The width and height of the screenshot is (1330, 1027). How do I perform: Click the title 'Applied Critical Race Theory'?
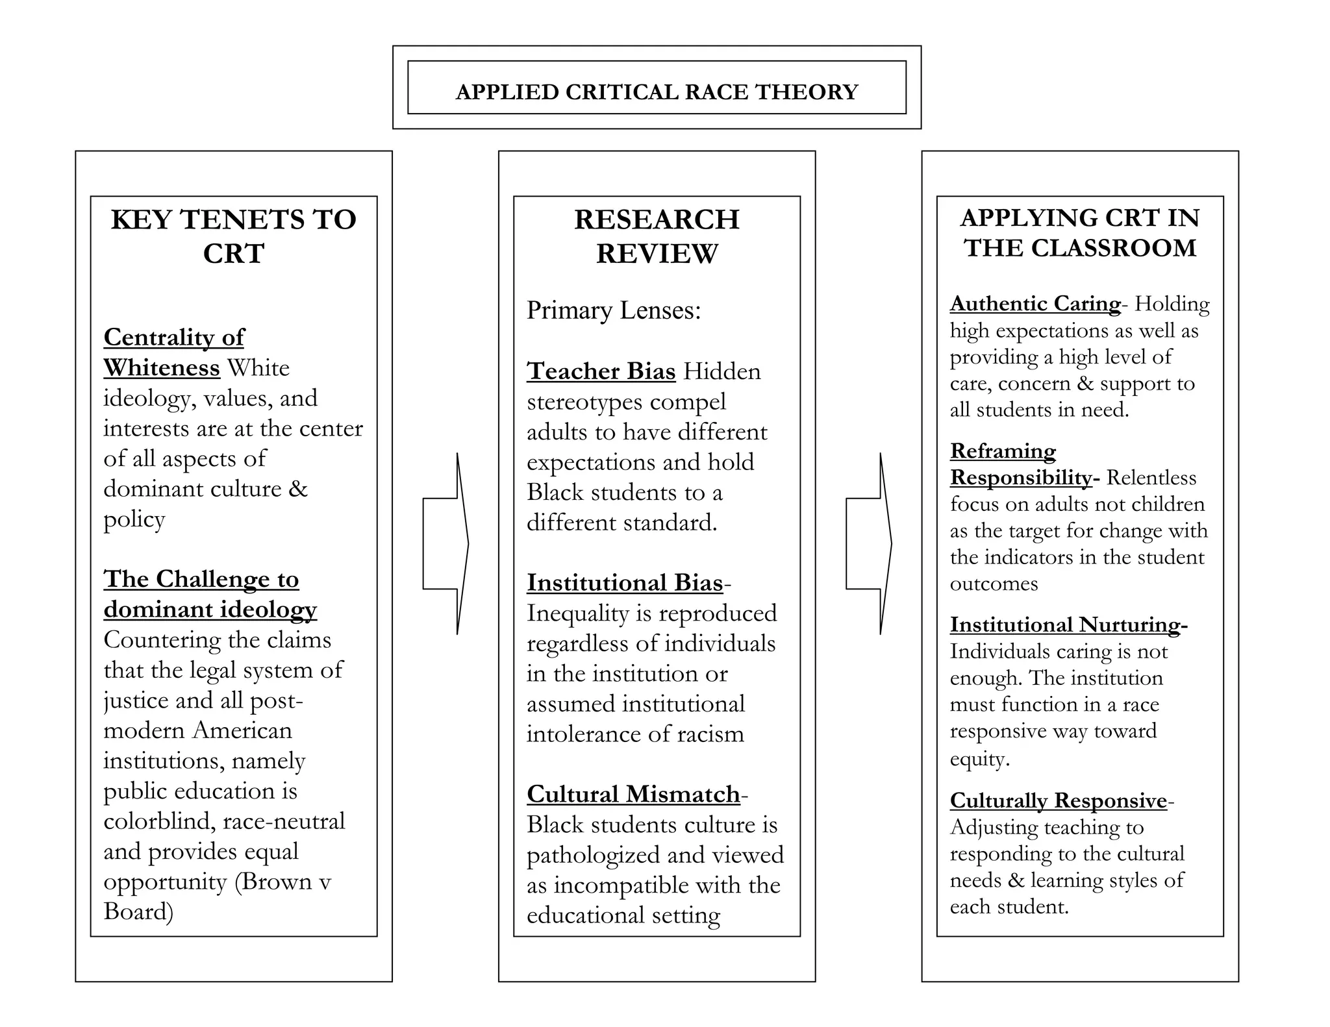657,92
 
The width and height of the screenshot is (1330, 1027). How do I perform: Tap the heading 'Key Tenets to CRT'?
233,236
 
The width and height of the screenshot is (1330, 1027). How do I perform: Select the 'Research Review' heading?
657,236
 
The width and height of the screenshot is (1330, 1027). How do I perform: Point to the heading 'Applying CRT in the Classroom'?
1079,232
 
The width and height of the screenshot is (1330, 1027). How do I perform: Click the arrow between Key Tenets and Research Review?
446,543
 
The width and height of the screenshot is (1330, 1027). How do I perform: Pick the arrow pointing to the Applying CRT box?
869,543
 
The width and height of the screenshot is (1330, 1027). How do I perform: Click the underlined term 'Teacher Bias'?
601,371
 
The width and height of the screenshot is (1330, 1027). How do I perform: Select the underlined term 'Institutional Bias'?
625,583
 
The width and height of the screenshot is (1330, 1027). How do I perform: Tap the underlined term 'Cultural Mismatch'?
633,794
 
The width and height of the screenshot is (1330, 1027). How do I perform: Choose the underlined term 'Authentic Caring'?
1035,304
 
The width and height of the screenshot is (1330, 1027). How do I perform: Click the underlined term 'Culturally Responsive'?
1059,800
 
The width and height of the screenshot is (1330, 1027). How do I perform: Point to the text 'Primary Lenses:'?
614,310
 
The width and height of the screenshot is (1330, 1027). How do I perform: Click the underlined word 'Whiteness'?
162,368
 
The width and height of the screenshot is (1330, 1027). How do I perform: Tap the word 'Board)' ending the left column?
138,911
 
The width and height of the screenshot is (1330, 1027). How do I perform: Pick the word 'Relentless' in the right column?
1151,478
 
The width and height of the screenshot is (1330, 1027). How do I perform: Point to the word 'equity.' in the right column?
980,758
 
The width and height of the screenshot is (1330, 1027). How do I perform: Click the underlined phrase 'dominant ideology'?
210,610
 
